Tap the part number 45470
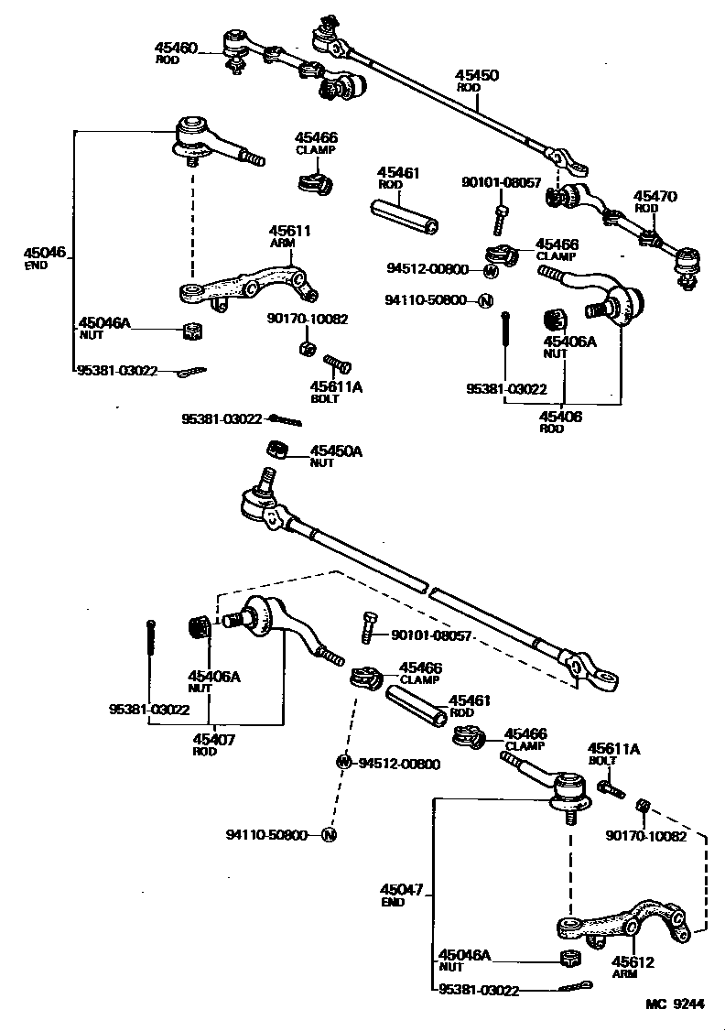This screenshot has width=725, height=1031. pyautogui.click(x=655, y=196)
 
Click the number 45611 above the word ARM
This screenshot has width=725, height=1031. pyautogui.click(x=289, y=232)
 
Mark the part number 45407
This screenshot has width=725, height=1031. pyautogui.click(x=212, y=740)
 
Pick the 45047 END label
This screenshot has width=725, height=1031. pyautogui.click(x=404, y=895)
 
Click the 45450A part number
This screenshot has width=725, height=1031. pyautogui.click(x=336, y=451)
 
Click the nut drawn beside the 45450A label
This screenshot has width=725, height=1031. pyautogui.click(x=279, y=449)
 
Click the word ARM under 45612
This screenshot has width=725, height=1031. pyautogui.click(x=624, y=974)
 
